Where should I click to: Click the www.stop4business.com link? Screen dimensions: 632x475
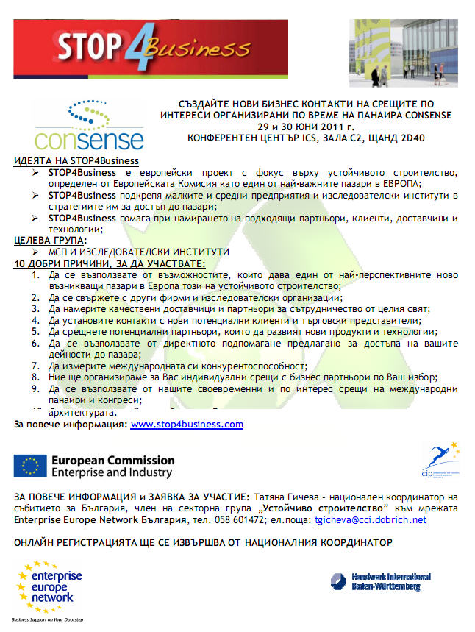(187, 425)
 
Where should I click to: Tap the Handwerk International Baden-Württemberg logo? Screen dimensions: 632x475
(380, 581)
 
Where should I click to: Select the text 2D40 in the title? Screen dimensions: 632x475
(383, 138)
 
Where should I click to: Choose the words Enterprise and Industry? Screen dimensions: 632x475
(112, 473)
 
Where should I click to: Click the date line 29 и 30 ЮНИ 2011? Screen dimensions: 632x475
(301, 127)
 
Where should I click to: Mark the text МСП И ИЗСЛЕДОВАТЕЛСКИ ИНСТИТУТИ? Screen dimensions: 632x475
(139, 252)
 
